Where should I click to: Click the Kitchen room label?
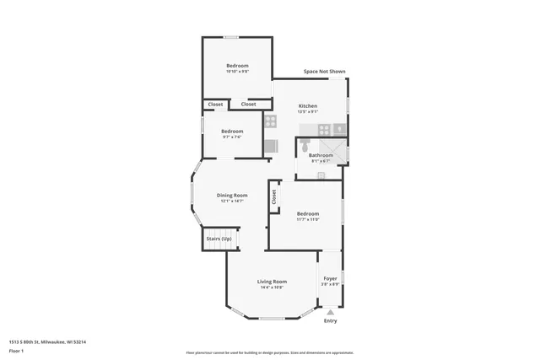pos(307,105)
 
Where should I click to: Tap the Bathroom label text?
pos(321,155)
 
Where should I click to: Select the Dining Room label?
pos(232,195)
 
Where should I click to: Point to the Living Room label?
pos(272,281)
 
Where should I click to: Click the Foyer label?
pos(330,278)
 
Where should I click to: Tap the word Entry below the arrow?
pos(330,320)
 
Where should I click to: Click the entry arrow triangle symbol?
pos(330,312)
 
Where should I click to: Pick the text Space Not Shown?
pos(325,72)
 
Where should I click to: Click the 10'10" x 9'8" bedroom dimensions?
pos(237,72)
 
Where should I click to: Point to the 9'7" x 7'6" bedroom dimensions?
pos(232,137)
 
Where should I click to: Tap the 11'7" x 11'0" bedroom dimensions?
pos(307,219)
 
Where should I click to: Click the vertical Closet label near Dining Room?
pos(274,196)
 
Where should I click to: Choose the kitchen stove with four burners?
pos(271,121)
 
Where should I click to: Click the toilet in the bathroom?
pos(321,175)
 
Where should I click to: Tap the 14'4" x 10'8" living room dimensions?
pos(272,287)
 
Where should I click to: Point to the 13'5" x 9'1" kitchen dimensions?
pos(307,111)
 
